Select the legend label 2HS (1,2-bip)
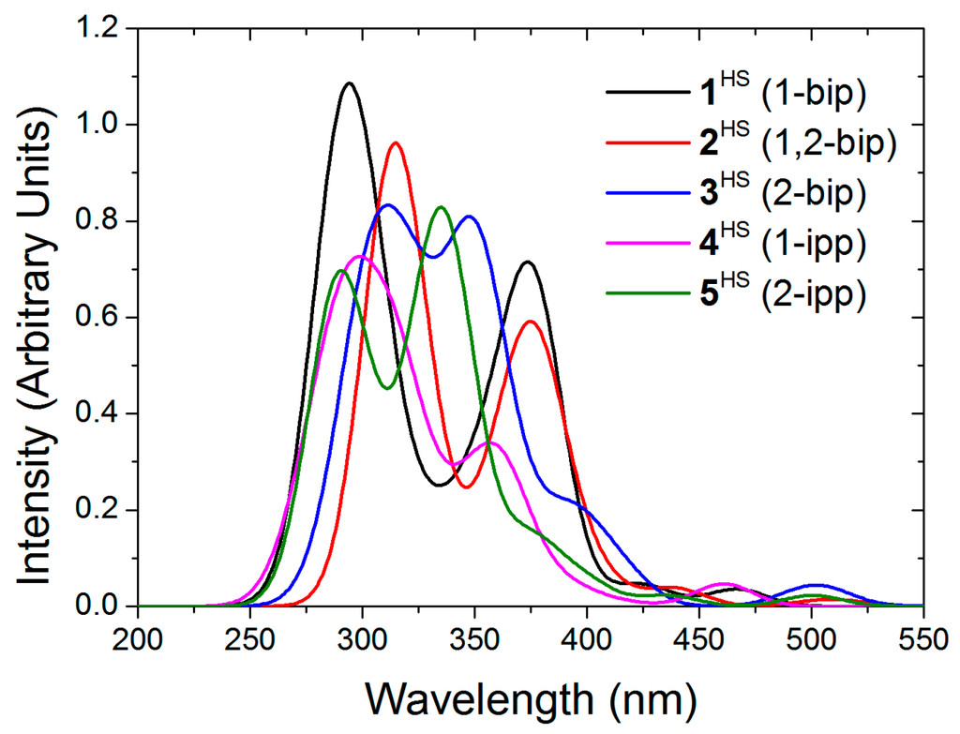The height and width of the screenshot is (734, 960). (802, 144)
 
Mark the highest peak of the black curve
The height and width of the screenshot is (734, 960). (350, 83)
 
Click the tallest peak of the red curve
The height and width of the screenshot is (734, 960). (395, 143)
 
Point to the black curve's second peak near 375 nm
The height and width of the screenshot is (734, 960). (529, 262)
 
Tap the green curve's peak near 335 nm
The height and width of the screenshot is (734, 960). (440, 207)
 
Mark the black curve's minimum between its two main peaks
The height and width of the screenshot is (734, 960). (438, 485)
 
